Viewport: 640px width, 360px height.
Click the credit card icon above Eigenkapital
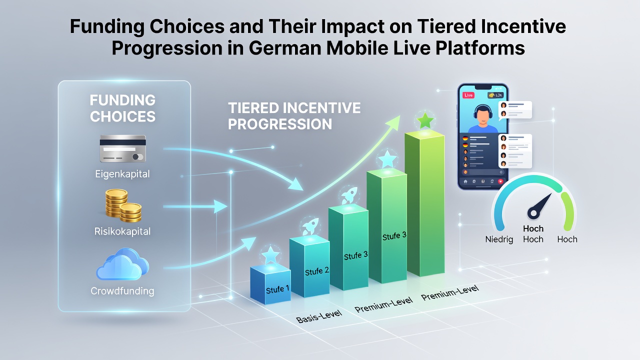(123, 148)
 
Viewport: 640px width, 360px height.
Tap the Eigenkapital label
(122, 174)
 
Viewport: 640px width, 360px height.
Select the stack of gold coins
(123, 205)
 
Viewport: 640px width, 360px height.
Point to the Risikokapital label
(122, 231)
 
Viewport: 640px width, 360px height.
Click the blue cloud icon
(122, 264)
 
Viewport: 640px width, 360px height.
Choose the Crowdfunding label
(122, 291)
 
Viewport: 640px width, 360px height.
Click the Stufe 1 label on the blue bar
(277, 289)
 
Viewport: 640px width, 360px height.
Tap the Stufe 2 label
(317, 271)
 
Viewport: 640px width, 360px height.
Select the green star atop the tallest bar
(425, 120)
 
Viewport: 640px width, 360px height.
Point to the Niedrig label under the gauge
(499, 239)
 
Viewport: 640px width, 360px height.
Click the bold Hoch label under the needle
(533, 228)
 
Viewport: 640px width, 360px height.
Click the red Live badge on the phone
(468, 95)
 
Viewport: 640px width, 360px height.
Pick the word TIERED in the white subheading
(253, 108)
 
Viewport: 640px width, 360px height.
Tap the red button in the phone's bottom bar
(500, 181)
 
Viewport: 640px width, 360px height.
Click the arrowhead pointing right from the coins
(220, 206)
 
